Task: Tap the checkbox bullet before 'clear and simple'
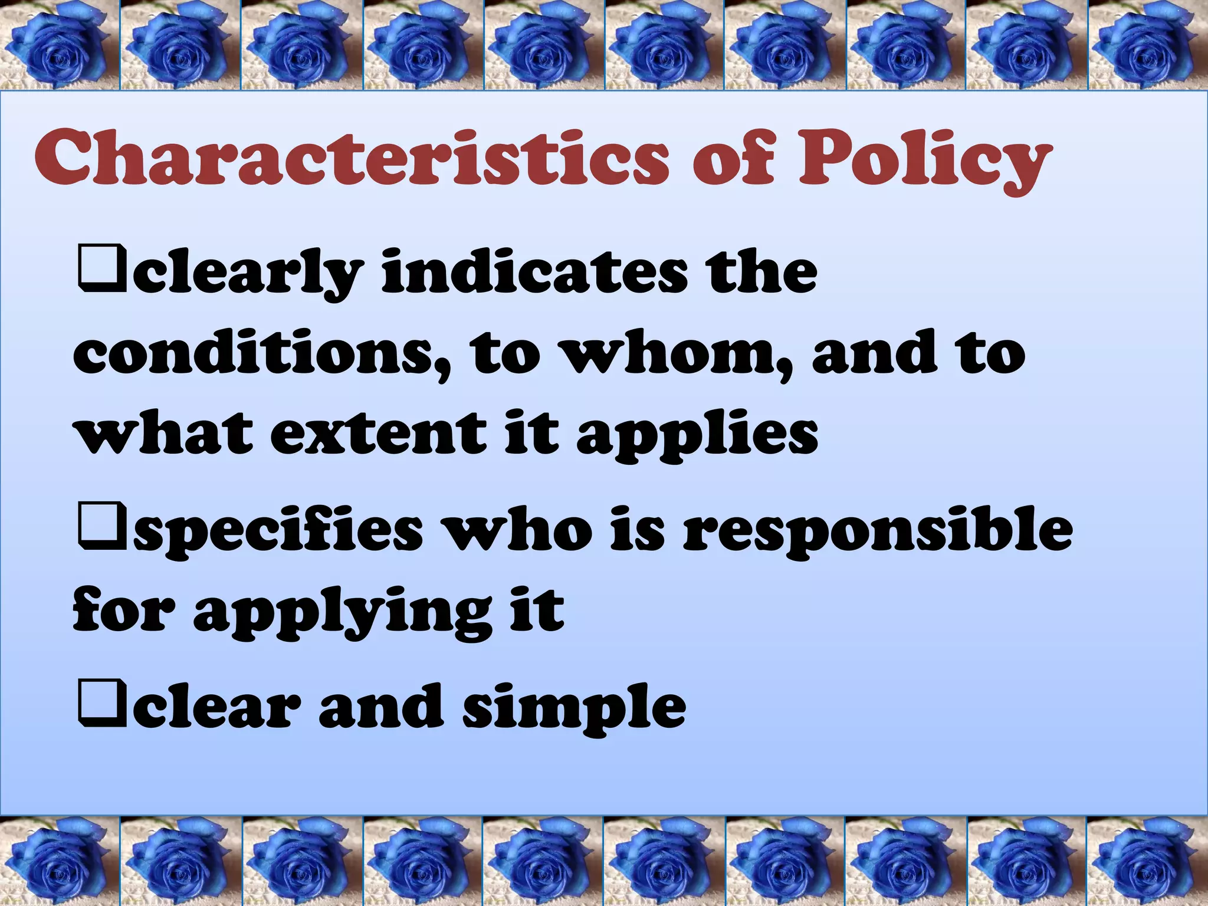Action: [101, 705]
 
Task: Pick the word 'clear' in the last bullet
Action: [212, 706]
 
